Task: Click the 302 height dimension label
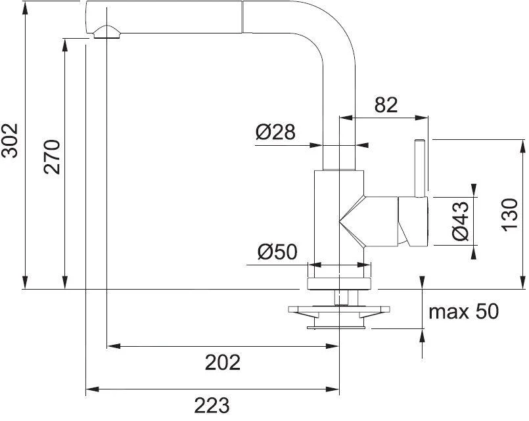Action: [10, 141]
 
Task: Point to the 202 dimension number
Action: [222, 362]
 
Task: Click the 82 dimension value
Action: [386, 104]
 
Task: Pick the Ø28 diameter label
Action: [275, 133]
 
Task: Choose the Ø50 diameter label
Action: [278, 252]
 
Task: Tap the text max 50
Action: [463, 311]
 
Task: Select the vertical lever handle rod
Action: [419, 167]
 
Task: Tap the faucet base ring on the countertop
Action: [339, 283]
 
